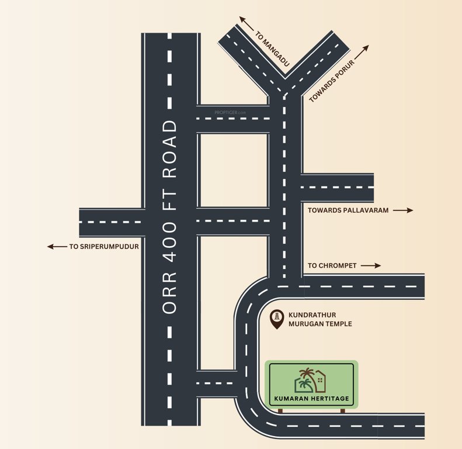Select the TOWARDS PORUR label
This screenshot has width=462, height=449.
tap(332, 81)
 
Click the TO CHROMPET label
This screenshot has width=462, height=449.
tap(331, 265)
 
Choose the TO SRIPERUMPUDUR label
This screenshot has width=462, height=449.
tap(104, 247)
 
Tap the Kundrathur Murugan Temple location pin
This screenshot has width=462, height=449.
tap(277, 319)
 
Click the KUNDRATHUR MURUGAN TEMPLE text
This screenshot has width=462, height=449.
tap(320, 319)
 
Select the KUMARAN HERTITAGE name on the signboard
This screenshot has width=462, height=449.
tap(311, 399)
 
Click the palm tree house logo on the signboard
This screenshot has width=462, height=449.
tap(310, 381)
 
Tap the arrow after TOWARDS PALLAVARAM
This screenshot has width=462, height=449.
tap(402, 210)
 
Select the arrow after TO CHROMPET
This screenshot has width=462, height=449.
tap(370, 265)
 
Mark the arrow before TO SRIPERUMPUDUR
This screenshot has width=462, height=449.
tap(57, 247)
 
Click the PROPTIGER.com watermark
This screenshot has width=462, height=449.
tap(231, 112)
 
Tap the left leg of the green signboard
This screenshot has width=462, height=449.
tap(280, 410)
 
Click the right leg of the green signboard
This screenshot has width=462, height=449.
tap(343, 410)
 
